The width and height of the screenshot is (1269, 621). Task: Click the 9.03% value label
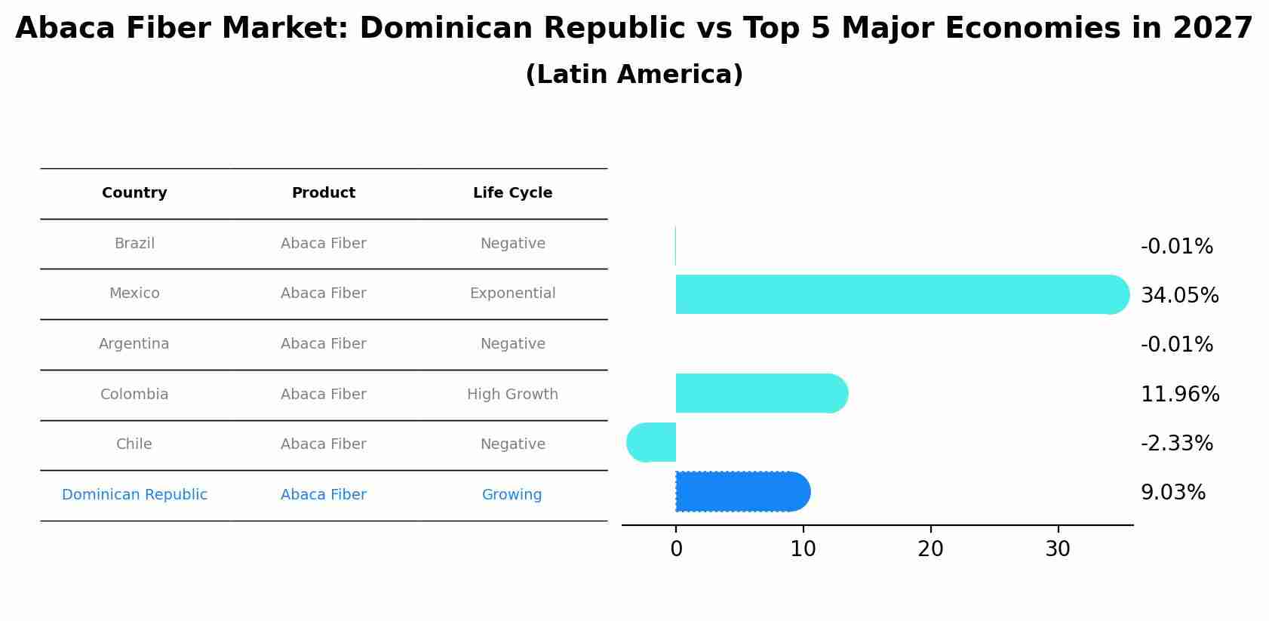(x=1172, y=493)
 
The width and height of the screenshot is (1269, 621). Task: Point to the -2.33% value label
(x=1176, y=444)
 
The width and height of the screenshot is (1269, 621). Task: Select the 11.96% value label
(x=1179, y=395)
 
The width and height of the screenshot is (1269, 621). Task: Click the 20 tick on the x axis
(x=930, y=549)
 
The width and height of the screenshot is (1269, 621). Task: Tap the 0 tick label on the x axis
(x=676, y=549)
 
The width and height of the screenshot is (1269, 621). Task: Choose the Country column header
(x=134, y=193)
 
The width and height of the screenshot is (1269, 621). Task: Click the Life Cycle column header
(x=512, y=193)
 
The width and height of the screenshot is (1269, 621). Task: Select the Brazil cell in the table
(x=134, y=244)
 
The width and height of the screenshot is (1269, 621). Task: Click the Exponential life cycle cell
(x=512, y=294)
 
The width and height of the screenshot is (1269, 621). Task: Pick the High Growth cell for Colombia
(x=512, y=395)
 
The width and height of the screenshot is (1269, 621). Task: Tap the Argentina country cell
(x=134, y=344)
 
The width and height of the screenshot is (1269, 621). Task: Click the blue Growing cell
(x=512, y=495)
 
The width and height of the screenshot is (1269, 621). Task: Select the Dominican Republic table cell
(x=134, y=495)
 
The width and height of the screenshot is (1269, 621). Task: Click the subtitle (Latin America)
(x=634, y=75)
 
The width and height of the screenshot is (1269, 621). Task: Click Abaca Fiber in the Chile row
(x=323, y=444)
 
